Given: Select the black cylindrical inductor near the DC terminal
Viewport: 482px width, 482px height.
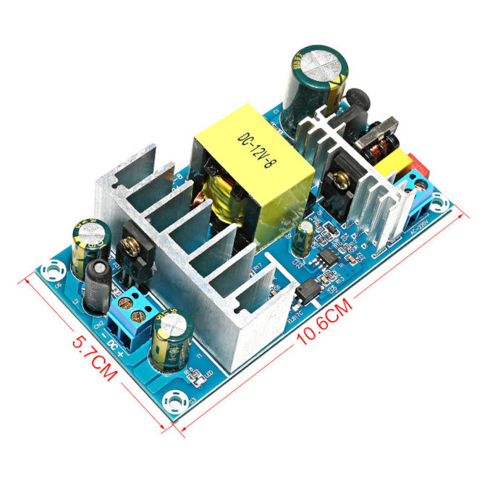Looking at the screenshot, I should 98,285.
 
